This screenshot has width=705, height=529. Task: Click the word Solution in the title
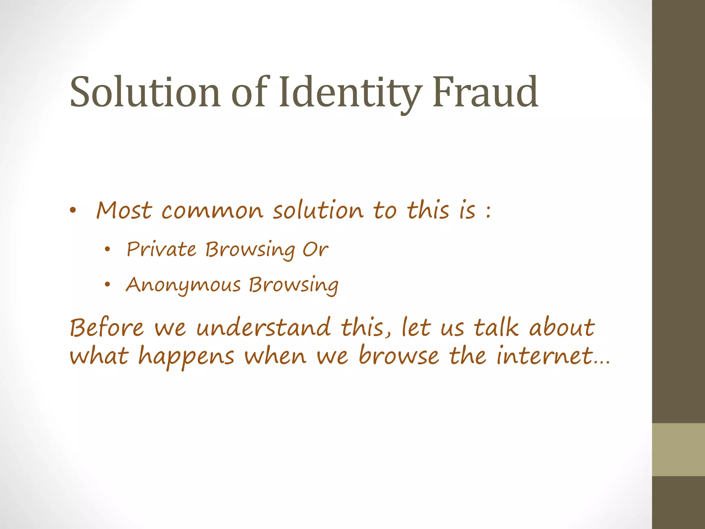pos(145,92)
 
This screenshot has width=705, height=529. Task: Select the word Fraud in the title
pos(485,92)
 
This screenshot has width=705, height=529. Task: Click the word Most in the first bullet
pos(124,210)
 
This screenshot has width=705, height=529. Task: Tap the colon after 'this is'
pos(488,211)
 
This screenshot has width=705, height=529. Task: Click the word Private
pos(161,249)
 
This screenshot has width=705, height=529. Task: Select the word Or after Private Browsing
pos(315,249)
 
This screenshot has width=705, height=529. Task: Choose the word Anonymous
pos(183,286)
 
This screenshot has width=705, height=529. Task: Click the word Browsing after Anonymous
pos(294,286)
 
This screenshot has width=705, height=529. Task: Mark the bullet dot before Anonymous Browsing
pos(108,284)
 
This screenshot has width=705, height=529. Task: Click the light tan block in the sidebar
pos(678,449)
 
